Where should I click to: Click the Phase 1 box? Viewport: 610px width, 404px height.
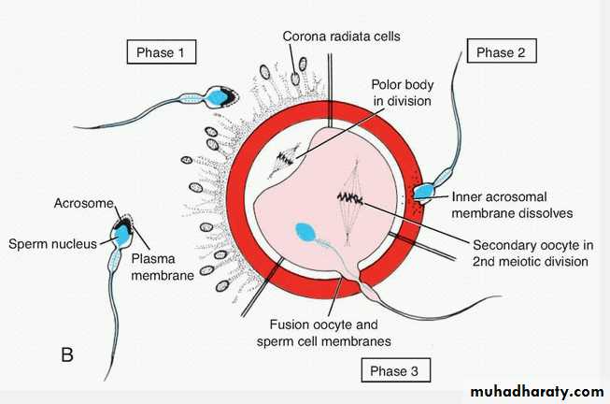162,51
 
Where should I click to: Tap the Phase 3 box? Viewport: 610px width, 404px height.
395,370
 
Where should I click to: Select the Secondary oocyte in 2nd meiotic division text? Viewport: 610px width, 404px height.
530,252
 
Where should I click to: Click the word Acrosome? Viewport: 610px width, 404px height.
82,203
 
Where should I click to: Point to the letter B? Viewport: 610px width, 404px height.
66,354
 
